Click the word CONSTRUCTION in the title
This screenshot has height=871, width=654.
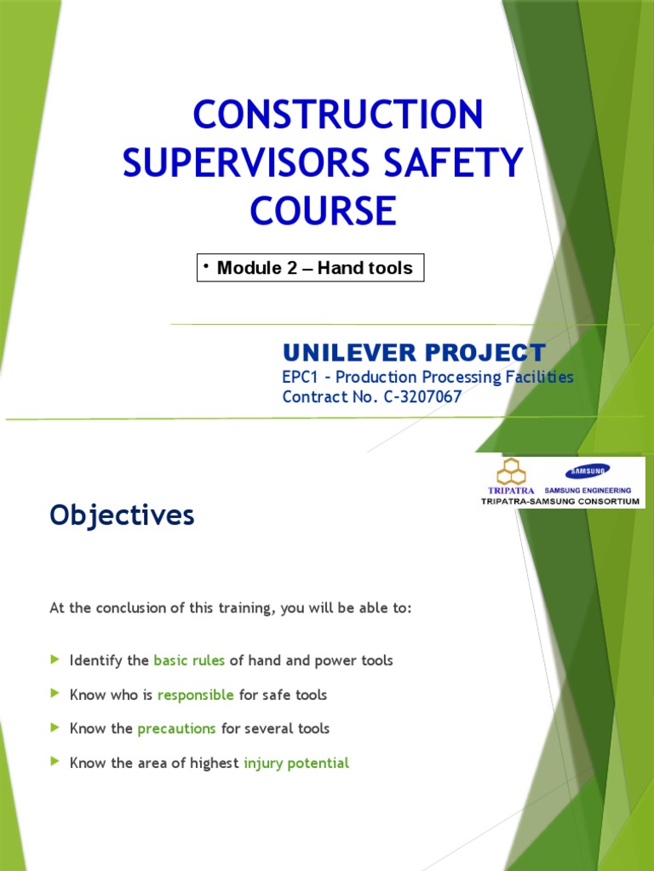[338, 116]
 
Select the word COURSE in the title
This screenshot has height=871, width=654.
[323, 210]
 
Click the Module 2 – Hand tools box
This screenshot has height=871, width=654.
[310, 268]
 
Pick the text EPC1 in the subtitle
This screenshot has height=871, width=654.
[301, 377]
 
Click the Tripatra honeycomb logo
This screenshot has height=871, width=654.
[512, 470]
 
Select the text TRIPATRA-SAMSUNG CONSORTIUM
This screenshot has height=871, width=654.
[560, 502]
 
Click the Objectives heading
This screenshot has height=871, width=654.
[122, 515]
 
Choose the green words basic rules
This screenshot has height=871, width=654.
[189, 661]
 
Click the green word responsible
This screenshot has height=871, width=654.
[196, 695]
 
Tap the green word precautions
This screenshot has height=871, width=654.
[176, 729]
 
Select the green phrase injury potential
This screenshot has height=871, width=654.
[296, 763]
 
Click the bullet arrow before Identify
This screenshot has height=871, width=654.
[55, 660]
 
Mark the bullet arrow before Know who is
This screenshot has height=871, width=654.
[55, 694]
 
